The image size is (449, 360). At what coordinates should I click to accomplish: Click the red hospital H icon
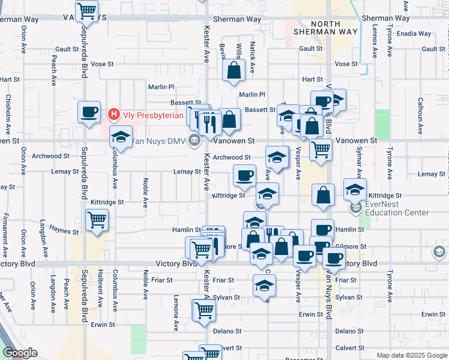coord(113,114)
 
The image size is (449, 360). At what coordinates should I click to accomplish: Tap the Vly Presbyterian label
coord(153,115)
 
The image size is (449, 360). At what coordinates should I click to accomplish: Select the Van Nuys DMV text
coord(158,141)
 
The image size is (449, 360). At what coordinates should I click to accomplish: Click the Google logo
coord(20,353)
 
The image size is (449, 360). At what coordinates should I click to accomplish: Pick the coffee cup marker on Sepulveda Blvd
coord(89,112)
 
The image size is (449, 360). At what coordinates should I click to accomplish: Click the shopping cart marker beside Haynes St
coord(97,220)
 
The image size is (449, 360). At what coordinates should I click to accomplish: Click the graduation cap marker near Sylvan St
coord(264,286)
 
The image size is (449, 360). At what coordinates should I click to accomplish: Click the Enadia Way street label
coord(414,34)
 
